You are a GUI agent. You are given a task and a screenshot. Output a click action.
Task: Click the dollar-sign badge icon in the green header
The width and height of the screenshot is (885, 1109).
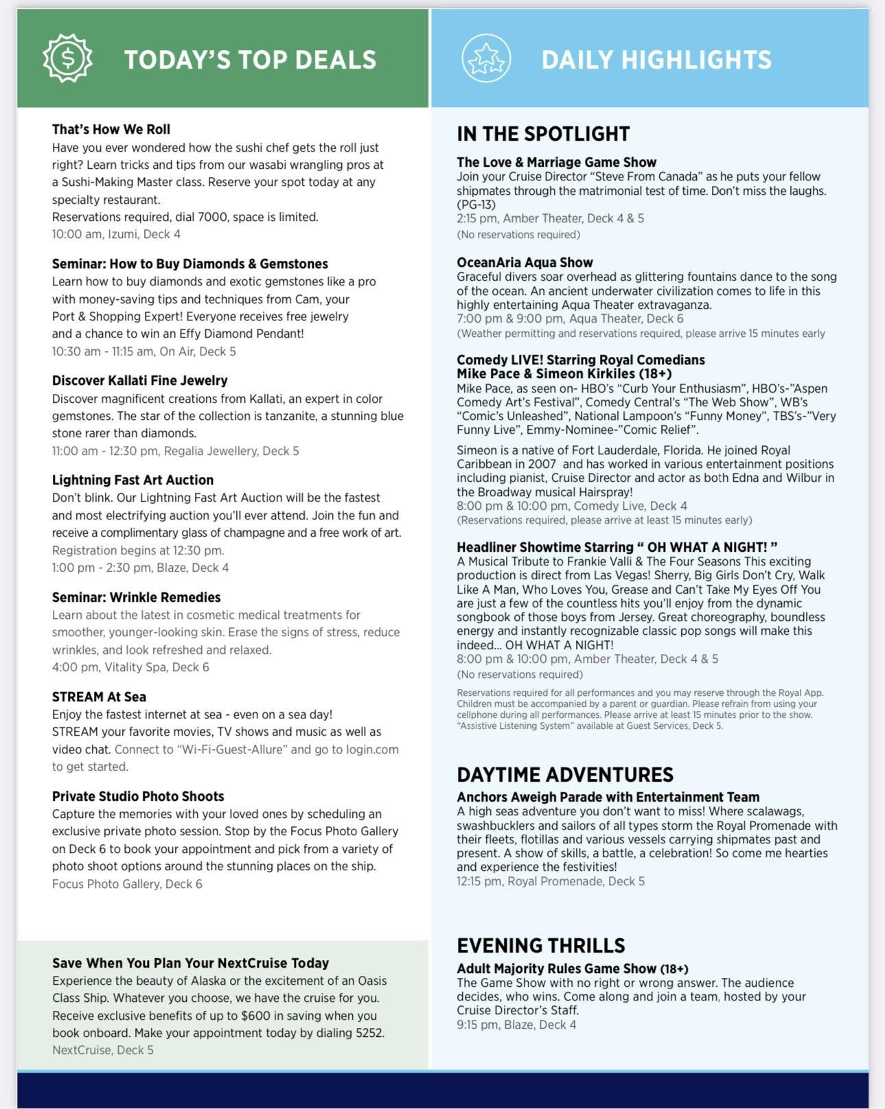[67, 58]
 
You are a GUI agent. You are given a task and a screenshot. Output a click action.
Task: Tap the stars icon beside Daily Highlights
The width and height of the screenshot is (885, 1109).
[486, 58]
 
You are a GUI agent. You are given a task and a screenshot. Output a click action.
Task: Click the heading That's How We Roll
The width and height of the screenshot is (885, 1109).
[111, 129]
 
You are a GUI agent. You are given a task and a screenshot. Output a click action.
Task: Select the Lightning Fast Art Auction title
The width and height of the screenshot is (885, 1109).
[133, 480]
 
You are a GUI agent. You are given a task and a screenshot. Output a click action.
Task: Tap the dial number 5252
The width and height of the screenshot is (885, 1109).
[369, 1033]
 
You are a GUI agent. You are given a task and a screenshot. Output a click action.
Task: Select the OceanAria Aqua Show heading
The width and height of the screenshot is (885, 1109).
[525, 262]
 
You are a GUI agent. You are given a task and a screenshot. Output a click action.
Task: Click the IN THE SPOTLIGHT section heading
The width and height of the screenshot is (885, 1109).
[543, 134]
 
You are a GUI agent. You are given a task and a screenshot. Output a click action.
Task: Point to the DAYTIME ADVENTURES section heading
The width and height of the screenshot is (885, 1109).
[565, 775]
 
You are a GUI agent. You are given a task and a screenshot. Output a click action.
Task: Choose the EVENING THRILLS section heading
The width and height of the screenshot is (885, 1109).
[541, 946]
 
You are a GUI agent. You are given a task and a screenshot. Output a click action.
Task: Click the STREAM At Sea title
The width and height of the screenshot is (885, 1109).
[99, 697]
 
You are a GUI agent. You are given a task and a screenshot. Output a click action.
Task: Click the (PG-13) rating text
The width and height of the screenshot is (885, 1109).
[476, 205]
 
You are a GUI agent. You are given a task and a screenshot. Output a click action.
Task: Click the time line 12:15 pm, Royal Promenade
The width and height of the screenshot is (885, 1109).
[551, 881]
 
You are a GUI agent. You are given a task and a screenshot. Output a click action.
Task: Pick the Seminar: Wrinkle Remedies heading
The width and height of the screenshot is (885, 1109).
[136, 597]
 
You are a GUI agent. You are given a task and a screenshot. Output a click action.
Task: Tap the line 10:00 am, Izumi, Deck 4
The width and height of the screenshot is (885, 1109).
[116, 234]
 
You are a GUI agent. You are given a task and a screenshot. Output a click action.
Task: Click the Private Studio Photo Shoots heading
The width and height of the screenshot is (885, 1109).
[138, 796]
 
